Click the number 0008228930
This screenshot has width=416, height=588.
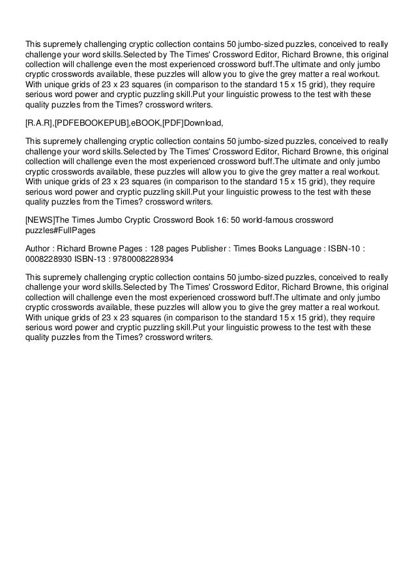coord(46,259)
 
